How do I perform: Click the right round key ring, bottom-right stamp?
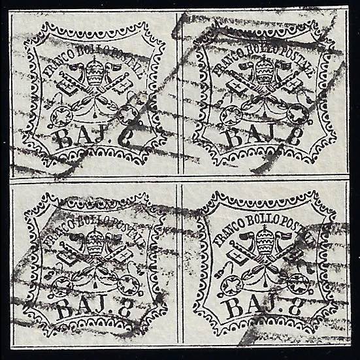click(298, 283)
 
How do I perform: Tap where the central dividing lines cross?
click(180, 178)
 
